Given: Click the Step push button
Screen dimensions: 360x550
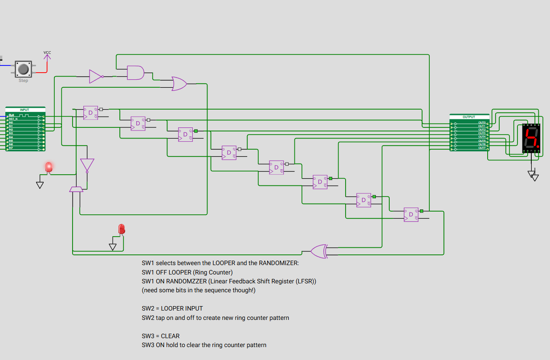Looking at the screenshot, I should [x=23, y=69].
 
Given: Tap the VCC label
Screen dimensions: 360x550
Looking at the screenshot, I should [x=47, y=53].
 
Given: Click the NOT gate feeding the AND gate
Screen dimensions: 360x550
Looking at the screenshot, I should [x=95, y=77].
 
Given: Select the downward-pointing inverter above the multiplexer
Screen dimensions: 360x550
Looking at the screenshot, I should [x=87, y=165].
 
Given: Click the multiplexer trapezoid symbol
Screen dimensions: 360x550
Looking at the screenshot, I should [x=76, y=189].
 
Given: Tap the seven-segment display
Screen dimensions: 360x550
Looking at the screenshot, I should [x=531, y=138].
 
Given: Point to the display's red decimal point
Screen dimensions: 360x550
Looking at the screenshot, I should [x=539, y=146].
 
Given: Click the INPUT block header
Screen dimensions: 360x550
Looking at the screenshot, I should [x=25, y=109].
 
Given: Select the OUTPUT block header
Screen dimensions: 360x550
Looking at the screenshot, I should [x=469, y=117].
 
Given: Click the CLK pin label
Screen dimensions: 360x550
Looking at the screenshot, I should [x=12, y=115].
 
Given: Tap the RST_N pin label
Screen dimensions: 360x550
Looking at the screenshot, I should [x=13, y=119].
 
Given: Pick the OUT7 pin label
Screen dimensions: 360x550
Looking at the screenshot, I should [x=482, y=148].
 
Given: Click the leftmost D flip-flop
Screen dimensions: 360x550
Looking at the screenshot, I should [x=90, y=113].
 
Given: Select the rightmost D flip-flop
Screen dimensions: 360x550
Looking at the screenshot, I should [x=411, y=215].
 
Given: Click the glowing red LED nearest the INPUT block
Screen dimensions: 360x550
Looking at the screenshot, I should [x=49, y=167].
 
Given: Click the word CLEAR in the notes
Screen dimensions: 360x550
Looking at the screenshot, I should [x=170, y=335].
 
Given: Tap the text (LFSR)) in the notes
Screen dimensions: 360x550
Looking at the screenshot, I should [x=304, y=281].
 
